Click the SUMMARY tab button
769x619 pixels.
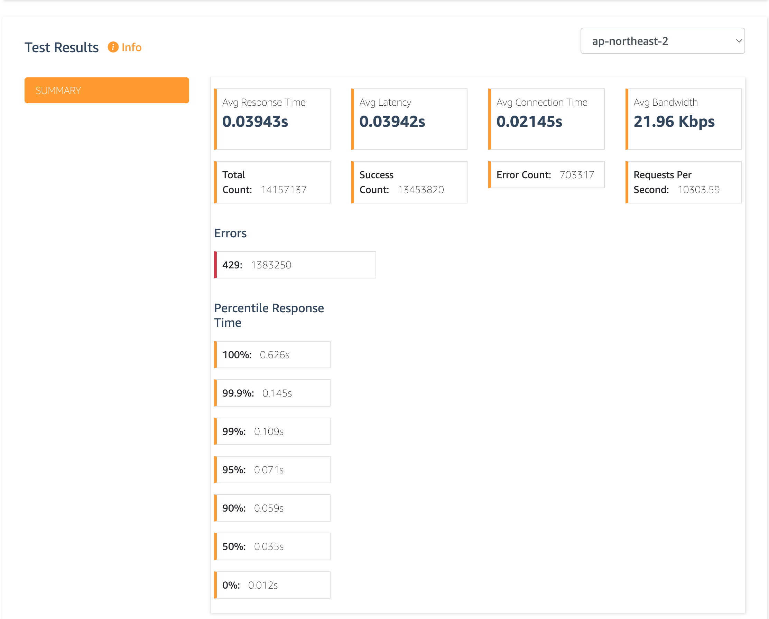[x=106, y=90]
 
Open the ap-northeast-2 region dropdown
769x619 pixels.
[x=662, y=41]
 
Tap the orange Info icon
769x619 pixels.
[x=113, y=47]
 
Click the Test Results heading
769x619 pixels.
[x=62, y=47]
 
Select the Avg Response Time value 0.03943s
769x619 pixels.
[x=255, y=122]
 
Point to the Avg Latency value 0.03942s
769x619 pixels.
[x=392, y=122]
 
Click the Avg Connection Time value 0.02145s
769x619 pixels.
[x=529, y=122]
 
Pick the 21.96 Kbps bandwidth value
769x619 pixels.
[x=674, y=122]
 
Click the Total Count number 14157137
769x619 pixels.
[x=283, y=190]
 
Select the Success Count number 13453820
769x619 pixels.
[x=421, y=190]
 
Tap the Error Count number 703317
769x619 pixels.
[x=577, y=175]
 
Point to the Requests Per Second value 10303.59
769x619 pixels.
[x=698, y=190]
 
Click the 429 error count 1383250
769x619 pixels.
[x=271, y=265]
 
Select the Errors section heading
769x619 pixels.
[x=230, y=233]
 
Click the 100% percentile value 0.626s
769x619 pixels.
[x=275, y=355]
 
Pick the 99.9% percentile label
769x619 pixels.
[x=238, y=393]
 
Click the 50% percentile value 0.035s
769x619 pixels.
[x=269, y=546]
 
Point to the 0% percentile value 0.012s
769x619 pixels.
[x=263, y=585]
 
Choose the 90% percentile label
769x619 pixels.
[x=234, y=508]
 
